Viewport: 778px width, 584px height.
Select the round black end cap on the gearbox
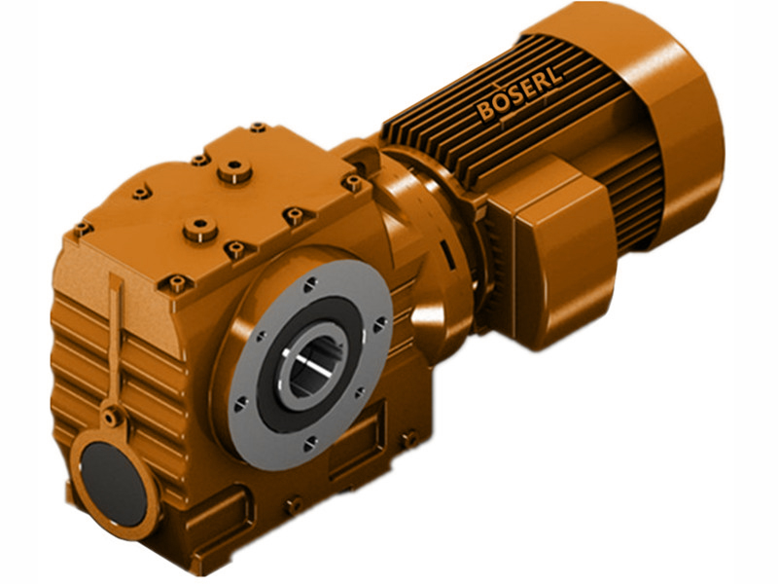112,480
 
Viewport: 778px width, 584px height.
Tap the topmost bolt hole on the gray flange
308,283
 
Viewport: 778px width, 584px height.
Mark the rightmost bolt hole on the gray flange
379,322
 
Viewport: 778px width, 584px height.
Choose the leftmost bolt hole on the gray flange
239,401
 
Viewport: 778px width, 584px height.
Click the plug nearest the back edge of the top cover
233,172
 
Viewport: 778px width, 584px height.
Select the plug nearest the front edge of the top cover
199,230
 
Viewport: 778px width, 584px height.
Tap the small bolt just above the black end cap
111,417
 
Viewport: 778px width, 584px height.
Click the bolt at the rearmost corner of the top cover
258,128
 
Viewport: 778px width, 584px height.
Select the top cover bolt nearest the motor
351,182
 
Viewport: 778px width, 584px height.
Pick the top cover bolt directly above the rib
176,283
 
